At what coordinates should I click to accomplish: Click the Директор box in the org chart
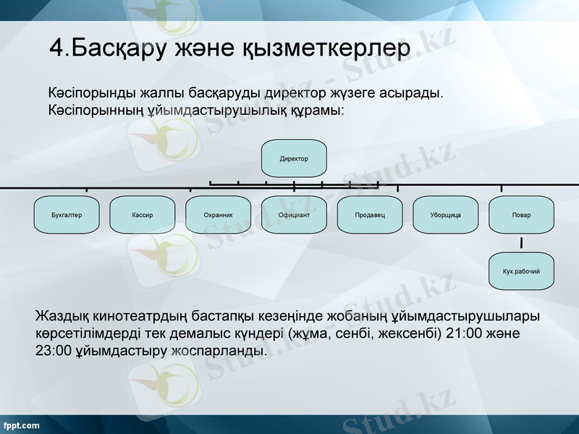pyautogui.click(x=294, y=158)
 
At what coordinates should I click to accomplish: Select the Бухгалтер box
pyautogui.click(x=67, y=215)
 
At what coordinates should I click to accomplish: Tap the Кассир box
pyautogui.click(x=143, y=215)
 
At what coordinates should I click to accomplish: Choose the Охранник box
pyautogui.click(x=219, y=215)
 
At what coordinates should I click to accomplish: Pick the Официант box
pyautogui.click(x=294, y=215)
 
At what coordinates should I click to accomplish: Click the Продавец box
pyautogui.click(x=370, y=215)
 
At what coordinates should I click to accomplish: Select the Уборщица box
pyautogui.click(x=445, y=215)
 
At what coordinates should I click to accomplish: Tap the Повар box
pyautogui.click(x=521, y=215)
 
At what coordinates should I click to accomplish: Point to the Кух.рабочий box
pyautogui.click(x=521, y=271)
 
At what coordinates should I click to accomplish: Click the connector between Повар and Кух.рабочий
pyautogui.click(x=521, y=243)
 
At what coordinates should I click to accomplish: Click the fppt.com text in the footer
pyautogui.click(x=21, y=425)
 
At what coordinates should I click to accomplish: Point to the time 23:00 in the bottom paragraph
pyautogui.click(x=53, y=351)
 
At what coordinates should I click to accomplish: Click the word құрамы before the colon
pyautogui.click(x=316, y=111)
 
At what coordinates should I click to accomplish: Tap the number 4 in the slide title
pyautogui.click(x=56, y=47)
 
